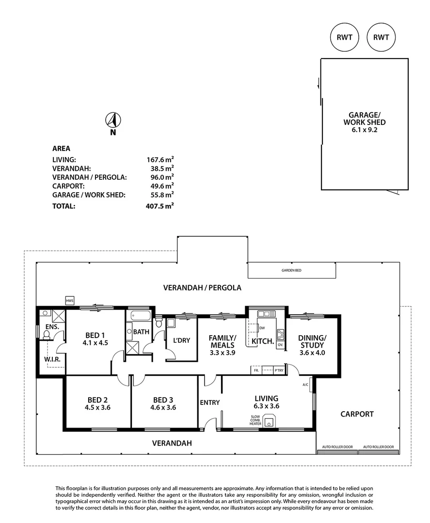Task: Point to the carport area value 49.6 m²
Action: coord(160,185)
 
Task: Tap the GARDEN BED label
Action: coord(291,270)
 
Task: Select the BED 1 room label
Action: coord(95,335)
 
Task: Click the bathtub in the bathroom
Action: coord(140,316)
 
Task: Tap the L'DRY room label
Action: coord(181,340)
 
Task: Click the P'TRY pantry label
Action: coord(278,370)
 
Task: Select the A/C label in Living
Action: coord(305,385)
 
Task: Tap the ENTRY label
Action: coord(209,402)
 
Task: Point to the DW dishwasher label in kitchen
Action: coord(262,328)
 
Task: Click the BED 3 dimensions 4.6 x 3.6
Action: coord(163,408)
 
